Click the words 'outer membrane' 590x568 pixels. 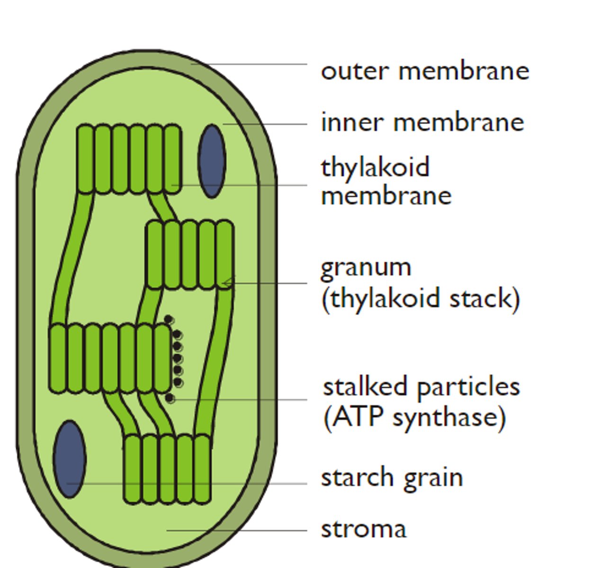pos(425,71)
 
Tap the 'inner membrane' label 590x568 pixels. pos(422,122)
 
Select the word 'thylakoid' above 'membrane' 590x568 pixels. pos(375,168)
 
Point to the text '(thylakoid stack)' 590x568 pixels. pos(420,299)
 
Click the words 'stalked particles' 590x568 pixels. pos(421,387)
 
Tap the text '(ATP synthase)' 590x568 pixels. pos(415,417)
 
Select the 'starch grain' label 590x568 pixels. pos(392,477)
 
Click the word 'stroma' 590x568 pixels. pos(364,529)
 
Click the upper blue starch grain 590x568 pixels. pos(212,160)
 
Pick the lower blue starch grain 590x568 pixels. pos(70,459)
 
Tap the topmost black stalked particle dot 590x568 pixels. pos(168,320)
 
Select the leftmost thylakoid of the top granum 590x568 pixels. pos(85,159)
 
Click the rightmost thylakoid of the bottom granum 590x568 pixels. pos(202,468)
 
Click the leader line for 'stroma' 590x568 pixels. pos(237,531)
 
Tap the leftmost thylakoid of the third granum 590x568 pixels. pos(58,358)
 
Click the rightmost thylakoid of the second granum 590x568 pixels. pos(225,254)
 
